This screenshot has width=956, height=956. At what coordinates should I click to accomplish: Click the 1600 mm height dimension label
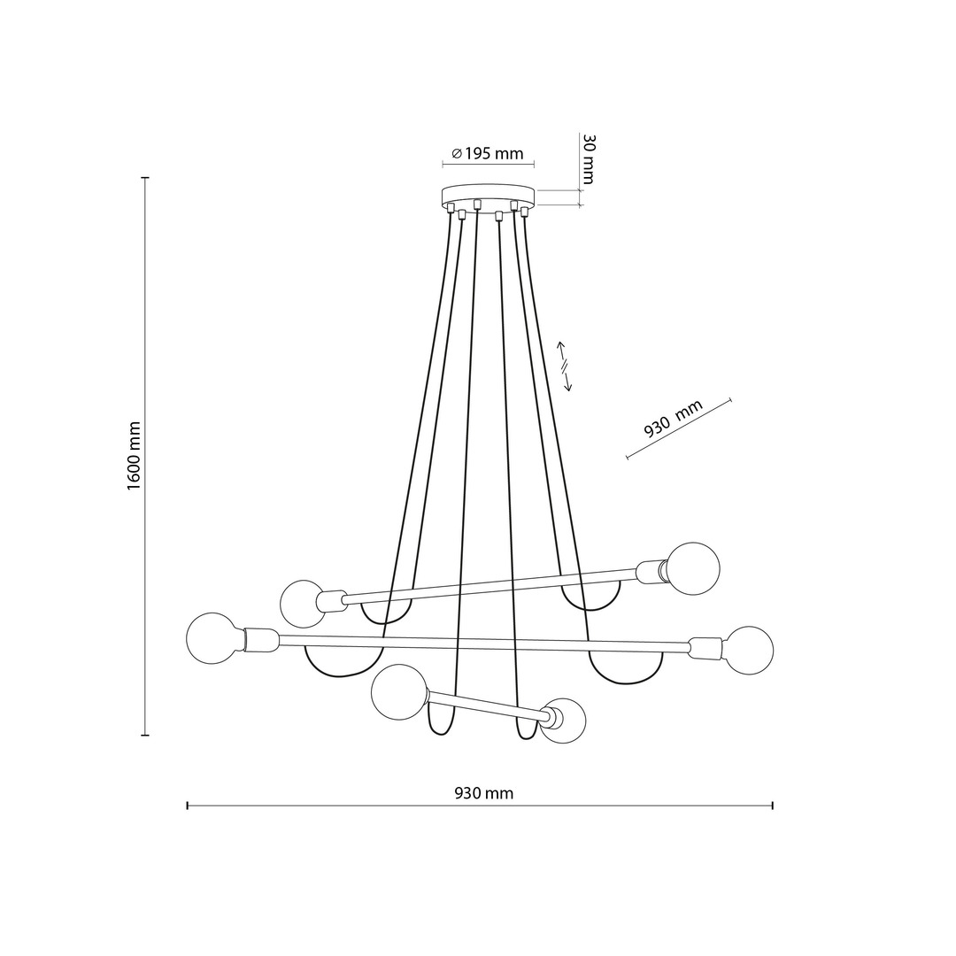pos(135,456)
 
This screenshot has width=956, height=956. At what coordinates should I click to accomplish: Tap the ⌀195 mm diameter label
pos(488,154)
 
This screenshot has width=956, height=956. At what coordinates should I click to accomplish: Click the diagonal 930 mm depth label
pos(674,419)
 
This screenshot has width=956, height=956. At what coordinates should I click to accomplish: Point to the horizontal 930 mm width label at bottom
pos(484,793)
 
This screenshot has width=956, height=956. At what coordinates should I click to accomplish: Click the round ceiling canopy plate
pos(488,196)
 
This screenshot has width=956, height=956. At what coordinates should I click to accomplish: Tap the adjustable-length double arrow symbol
pos(565,366)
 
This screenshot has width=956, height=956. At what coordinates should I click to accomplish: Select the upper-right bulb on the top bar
pos(693,568)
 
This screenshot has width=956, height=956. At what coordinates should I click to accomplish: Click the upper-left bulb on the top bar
pos(303,604)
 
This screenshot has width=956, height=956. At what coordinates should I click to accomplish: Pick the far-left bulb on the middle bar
pos(212,639)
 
